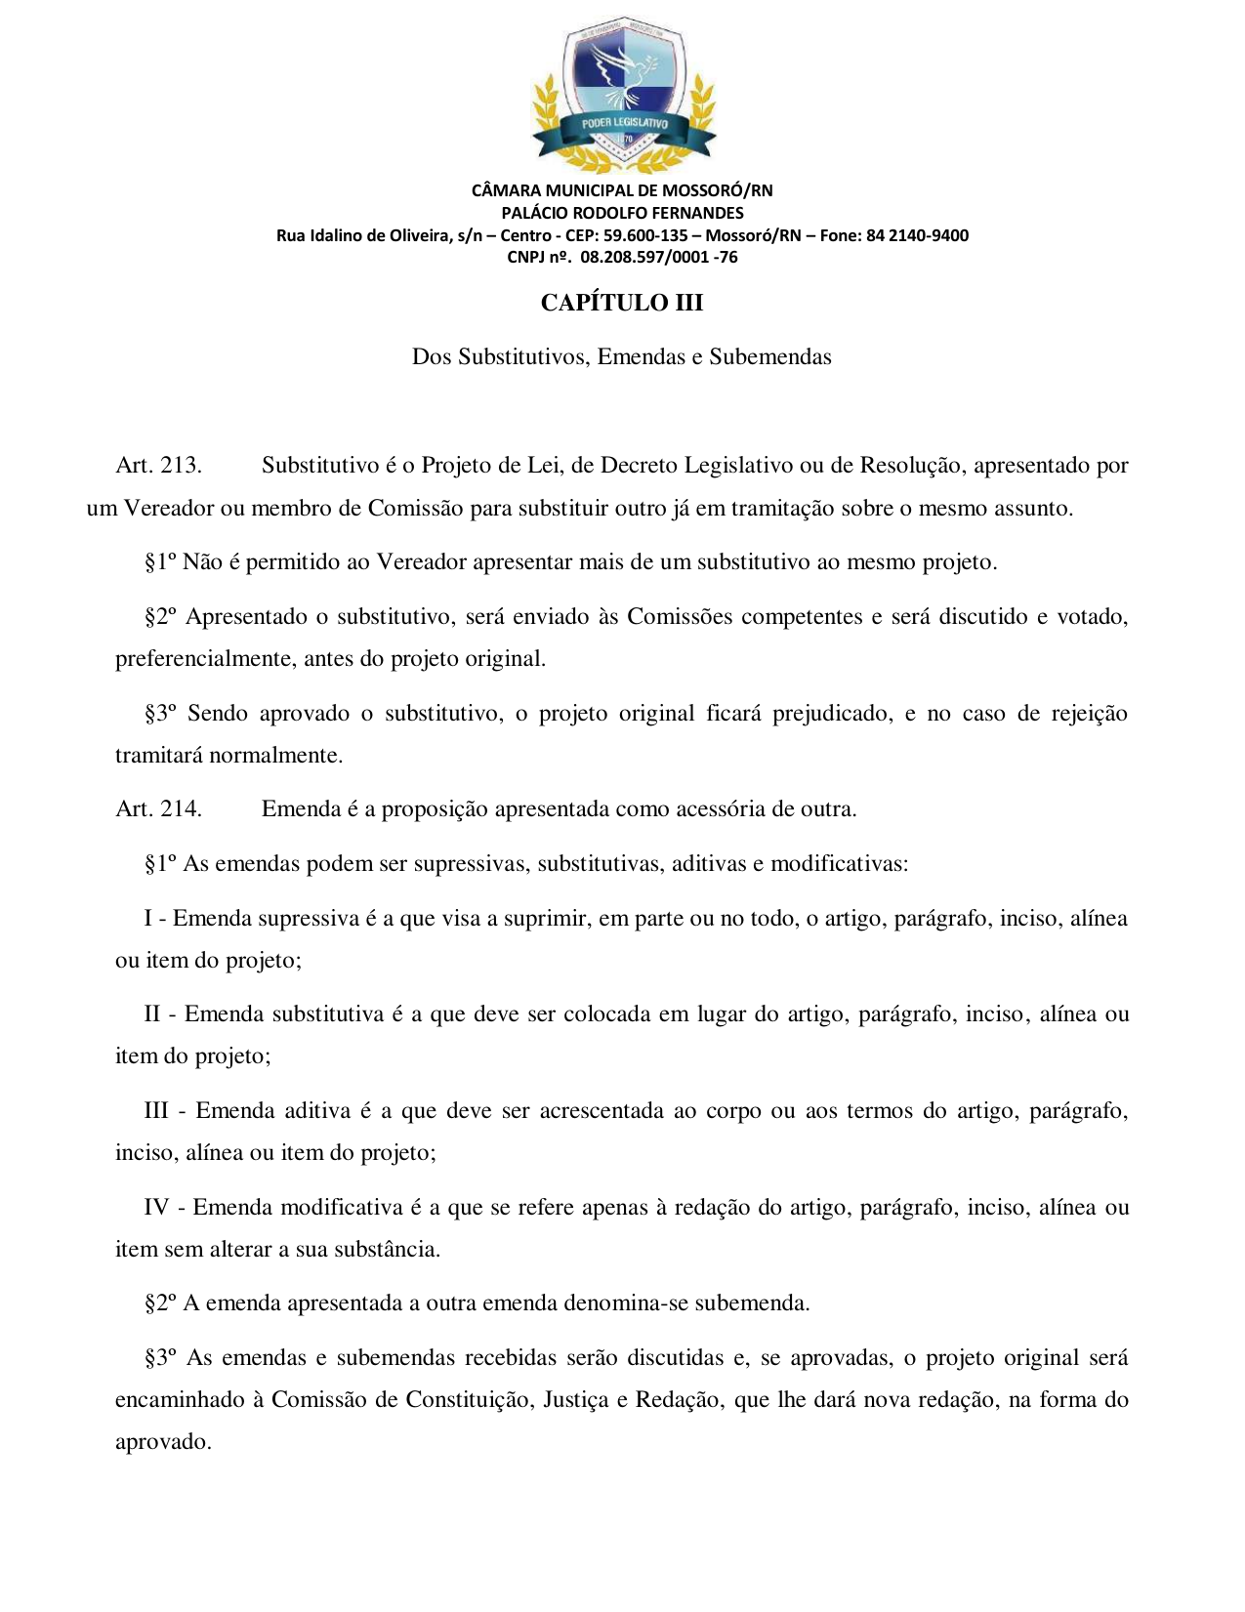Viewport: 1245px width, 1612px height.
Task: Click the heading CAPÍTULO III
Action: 622,303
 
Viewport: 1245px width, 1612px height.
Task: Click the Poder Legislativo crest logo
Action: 622,95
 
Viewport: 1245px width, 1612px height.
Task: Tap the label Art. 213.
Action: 158,465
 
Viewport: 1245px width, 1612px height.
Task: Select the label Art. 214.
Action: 158,808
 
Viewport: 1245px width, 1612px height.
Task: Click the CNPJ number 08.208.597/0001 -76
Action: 659,258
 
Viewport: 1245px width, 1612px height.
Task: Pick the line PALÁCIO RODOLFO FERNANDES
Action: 622,213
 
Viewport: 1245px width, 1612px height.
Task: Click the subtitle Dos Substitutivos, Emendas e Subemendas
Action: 622,356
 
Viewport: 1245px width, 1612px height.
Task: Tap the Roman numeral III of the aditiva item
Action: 156,1110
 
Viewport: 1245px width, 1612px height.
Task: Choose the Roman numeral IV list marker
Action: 156,1207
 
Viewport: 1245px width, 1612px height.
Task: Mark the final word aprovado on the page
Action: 162,1442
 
